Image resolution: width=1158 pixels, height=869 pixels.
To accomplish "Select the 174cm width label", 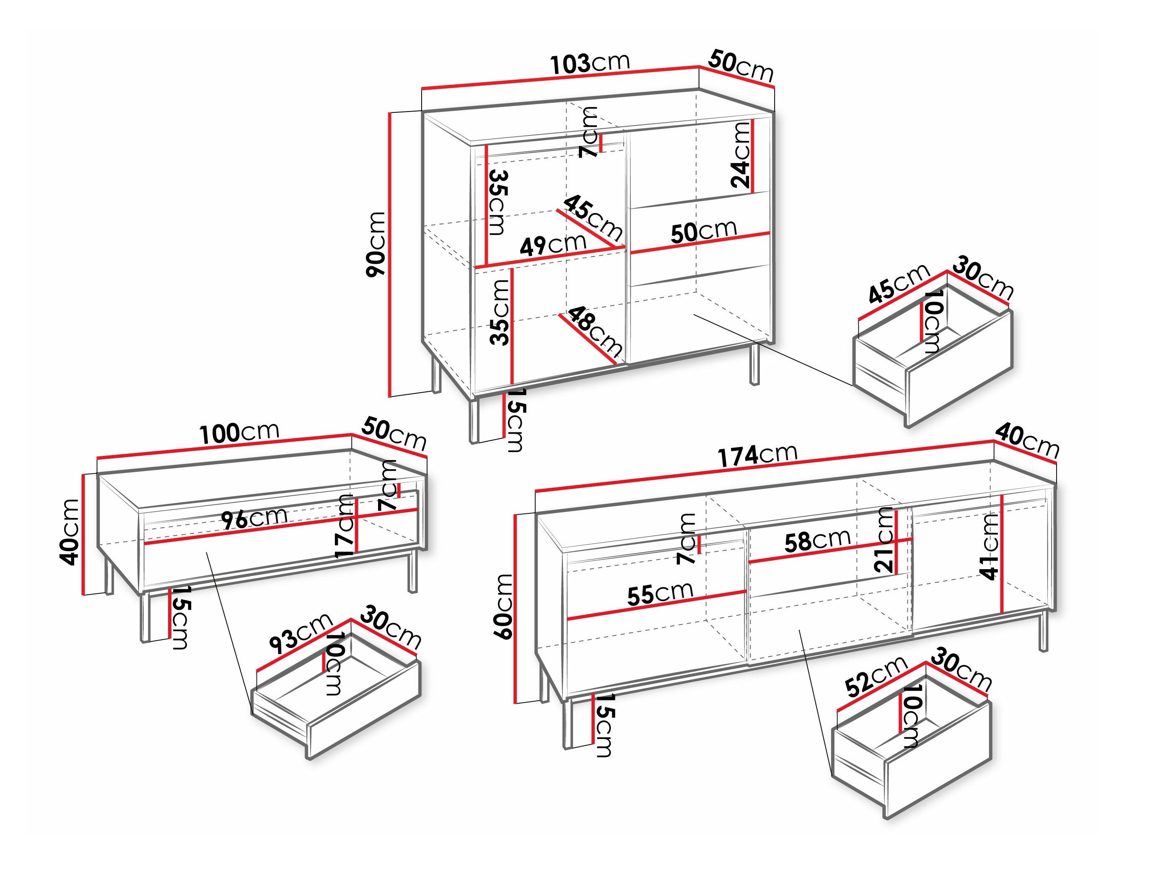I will pyautogui.click(x=757, y=455).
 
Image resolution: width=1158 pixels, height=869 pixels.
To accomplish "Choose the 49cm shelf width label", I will pyautogui.click(x=553, y=244).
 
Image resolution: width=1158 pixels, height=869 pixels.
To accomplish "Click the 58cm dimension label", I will pyautogui.click(x=817, y=541).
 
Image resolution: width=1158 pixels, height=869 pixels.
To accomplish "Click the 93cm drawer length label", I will pyautogui.click(x=301, y=634).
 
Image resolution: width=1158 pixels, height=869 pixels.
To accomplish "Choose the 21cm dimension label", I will pyautogui.click(x=884, y=539).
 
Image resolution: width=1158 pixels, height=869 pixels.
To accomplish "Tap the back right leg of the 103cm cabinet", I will pyautogui.click(x=754, y=364).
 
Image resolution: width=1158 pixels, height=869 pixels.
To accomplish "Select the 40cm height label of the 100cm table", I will pyautogui.click(x=70, y=532).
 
